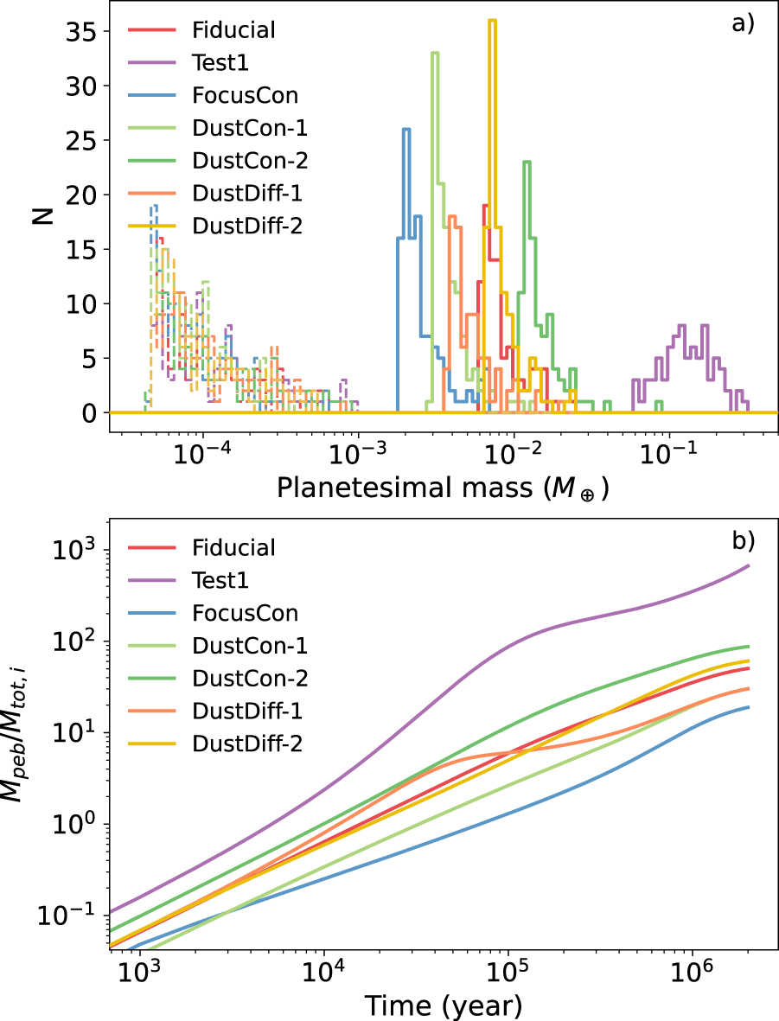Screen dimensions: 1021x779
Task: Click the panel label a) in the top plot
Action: coord(743,23)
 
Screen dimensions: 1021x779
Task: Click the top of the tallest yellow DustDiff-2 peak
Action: coord(492,20)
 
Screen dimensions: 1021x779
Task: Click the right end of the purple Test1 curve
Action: coord(749,565)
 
